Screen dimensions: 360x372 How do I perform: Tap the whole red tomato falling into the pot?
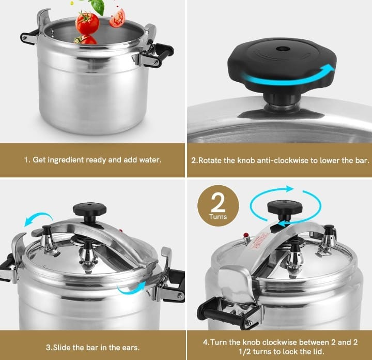pos(87,23)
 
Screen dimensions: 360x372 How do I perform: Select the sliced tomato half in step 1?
pos(117,18)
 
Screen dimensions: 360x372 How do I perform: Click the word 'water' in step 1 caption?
pos(150,160)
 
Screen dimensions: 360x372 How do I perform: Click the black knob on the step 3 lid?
pos(90,209)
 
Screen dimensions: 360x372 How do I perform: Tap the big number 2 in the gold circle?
pos(219,203)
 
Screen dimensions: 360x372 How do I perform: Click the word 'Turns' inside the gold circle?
pos(219,217)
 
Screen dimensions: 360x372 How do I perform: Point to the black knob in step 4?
pos(285,207)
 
